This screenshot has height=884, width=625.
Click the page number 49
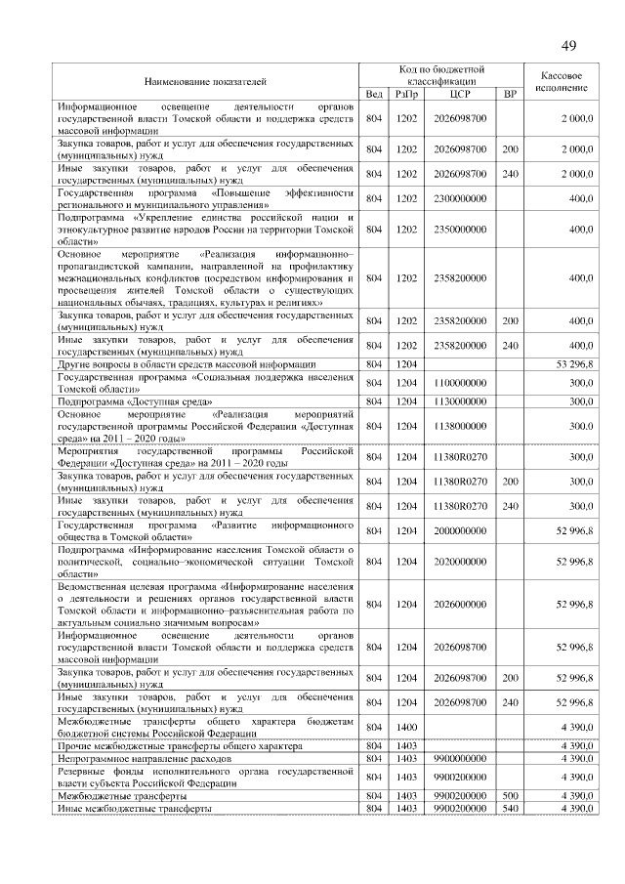[x=568, y=46]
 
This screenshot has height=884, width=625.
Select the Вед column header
[x=374, y=94]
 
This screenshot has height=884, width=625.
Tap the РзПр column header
[x=406, y=94]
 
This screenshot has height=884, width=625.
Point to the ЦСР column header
[x=460, y=94]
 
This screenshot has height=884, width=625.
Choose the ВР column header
[x=509, y=94]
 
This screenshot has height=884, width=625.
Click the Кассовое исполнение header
[x=562, y=81]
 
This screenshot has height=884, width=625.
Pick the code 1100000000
[x=460, y=383]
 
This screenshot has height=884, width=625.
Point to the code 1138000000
[x=460, y=426]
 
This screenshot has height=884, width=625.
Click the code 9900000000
[x=460, y=758]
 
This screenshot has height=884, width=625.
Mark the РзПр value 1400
[x=406, y=727]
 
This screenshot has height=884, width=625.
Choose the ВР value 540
[x=509, y=810]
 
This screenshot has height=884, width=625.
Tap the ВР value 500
[x=509, y=797]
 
